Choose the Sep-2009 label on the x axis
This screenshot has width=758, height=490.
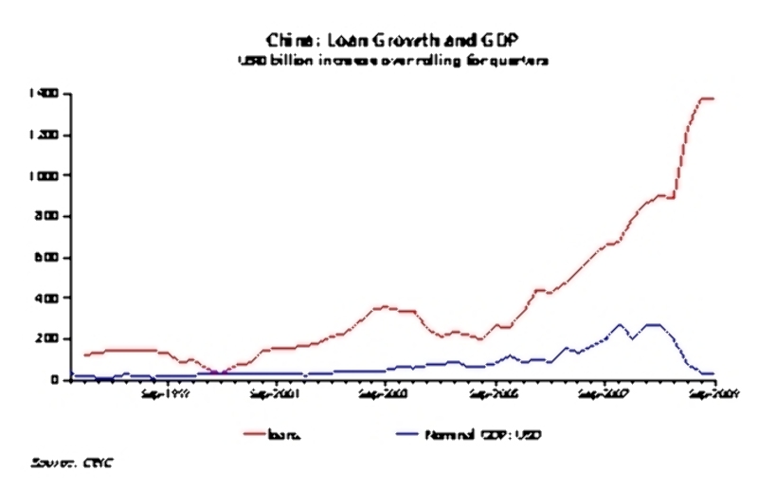[712, 392]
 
